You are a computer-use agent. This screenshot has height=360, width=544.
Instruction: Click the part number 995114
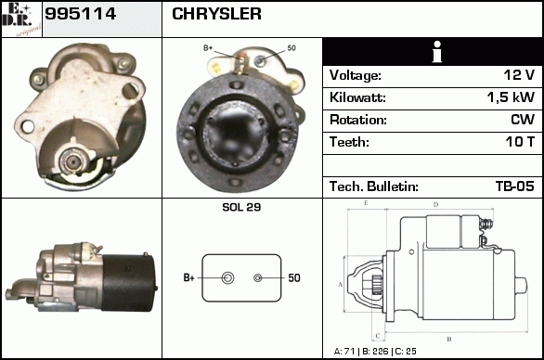[x=80, y=14]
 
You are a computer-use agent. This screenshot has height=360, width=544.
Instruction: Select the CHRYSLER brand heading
[x=216, y=14]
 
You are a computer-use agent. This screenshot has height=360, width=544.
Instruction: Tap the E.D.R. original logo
[x=21, y=19]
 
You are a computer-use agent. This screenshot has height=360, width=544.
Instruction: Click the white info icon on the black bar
[x=437, y=52]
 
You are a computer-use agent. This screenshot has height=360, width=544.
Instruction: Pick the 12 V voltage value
[x=519, y=75]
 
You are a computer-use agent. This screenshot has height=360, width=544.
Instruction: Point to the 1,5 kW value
[x=511, y=97]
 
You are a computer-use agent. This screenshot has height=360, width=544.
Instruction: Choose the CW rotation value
[x=523, y=120]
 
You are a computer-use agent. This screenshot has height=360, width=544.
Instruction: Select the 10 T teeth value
[x=520, y=142]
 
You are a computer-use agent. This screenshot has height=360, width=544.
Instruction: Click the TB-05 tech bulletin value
[x=515, y=186]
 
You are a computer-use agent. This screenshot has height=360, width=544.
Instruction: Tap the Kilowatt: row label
[x=357, y=97]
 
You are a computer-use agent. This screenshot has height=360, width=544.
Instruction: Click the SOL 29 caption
[x=241, y=207]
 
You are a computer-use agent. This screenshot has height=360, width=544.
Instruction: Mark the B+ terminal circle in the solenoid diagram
[x=227, y=277]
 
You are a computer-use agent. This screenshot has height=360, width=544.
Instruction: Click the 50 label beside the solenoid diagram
[x=294, y=277]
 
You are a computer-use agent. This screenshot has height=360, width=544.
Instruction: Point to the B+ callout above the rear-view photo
[x=208, y=48]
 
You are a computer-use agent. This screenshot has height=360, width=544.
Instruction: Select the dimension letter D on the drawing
[x=436, y=205]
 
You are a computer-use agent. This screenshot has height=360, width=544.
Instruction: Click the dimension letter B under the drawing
[x=449, y=340]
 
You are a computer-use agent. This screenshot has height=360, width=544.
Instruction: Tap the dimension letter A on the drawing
[x=341, y=285]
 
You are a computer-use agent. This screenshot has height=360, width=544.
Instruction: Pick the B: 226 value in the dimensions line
[x=375, y=352]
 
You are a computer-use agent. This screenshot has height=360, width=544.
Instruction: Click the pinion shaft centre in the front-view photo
[x=72, y=161]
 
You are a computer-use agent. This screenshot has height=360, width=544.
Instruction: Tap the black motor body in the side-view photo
[x=128, y=283]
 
